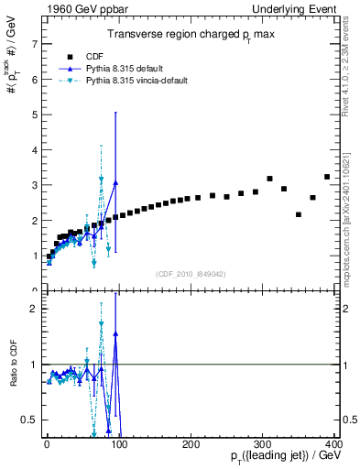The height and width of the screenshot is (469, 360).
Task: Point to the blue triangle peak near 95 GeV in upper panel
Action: click(x=115, y=182)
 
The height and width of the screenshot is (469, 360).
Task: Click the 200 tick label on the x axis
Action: click(x=191, y=444)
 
